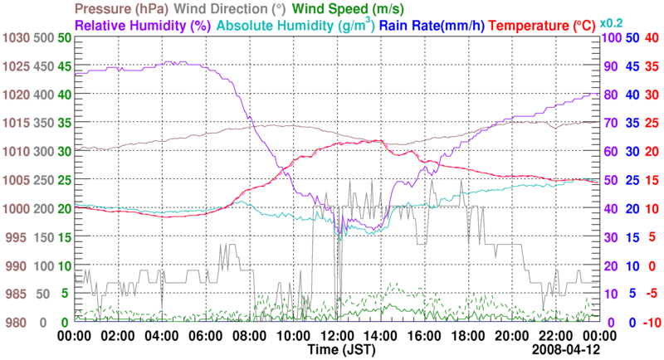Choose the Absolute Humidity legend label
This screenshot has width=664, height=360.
[294, 26]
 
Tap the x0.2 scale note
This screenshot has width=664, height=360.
[613, 23]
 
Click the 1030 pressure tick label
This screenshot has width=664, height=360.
[15, 38]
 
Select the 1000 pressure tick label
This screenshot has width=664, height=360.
[15, 209]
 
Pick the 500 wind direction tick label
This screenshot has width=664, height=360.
[43, 38]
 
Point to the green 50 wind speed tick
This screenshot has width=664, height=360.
[64, 38]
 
